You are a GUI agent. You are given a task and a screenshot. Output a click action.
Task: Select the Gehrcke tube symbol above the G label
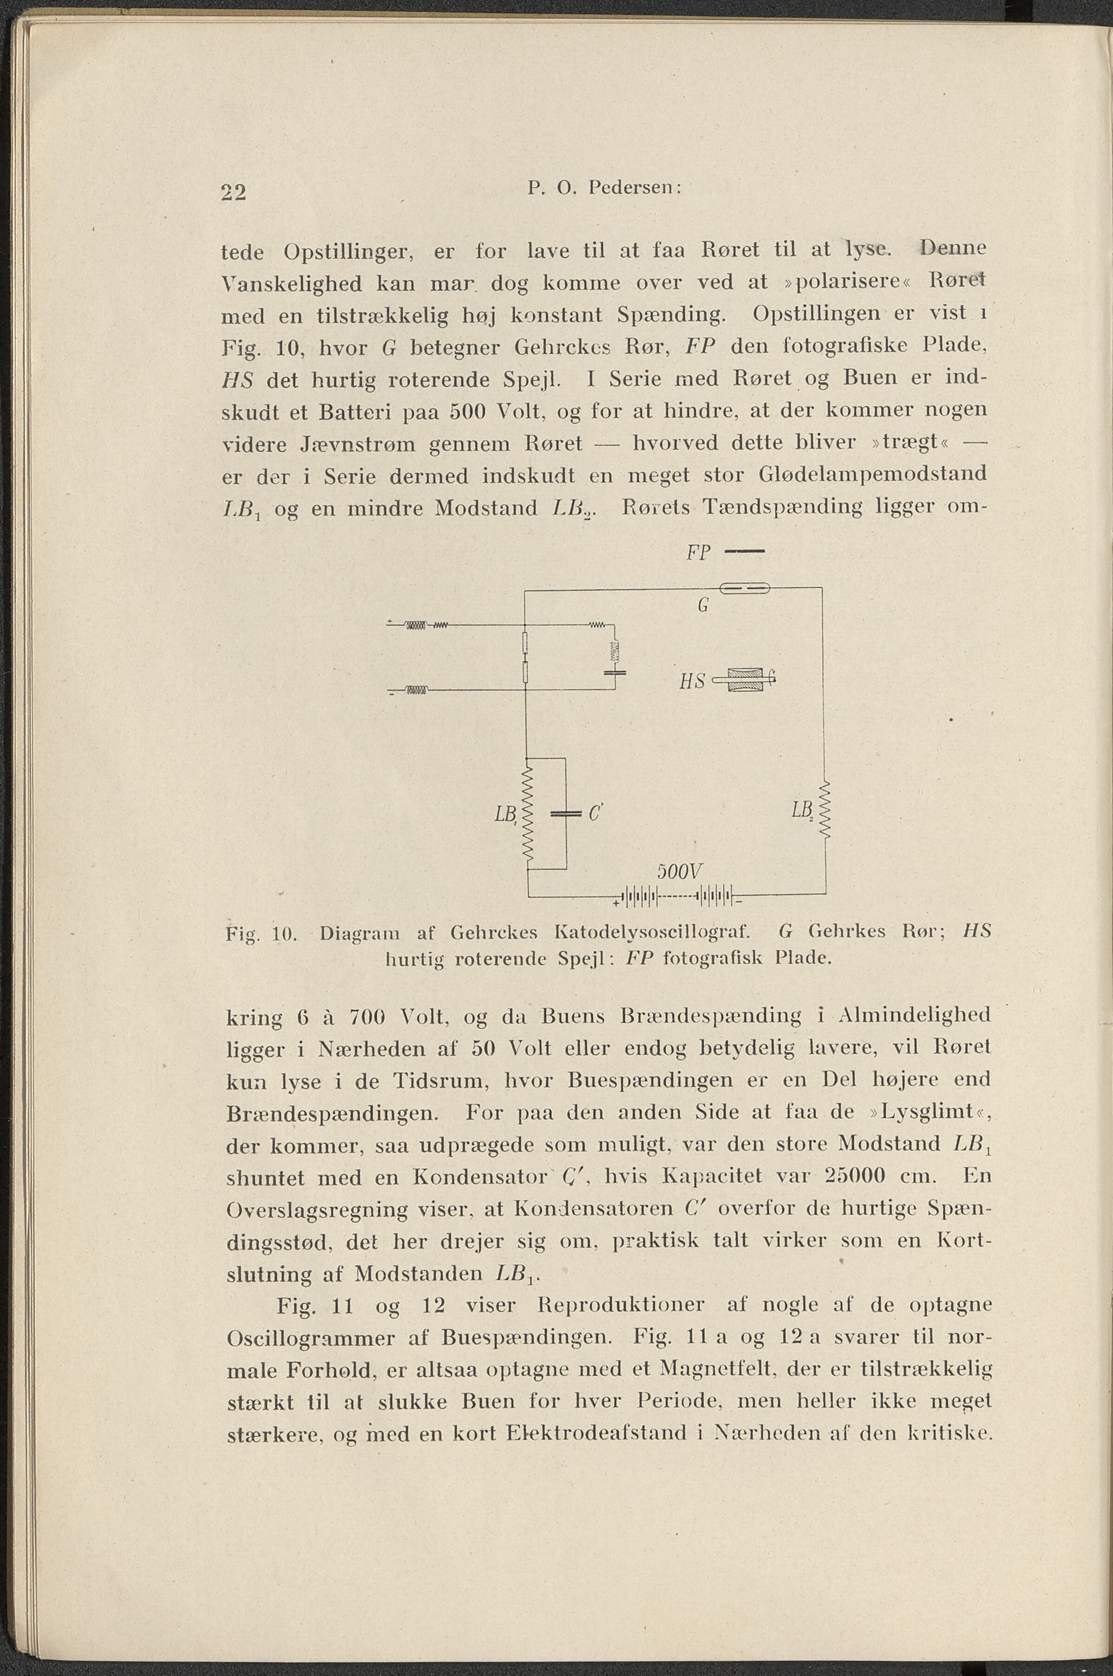point(745,587)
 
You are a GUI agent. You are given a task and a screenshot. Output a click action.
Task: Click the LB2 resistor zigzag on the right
point(825,810)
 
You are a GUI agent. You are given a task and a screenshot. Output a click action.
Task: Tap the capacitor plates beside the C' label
point(566,814)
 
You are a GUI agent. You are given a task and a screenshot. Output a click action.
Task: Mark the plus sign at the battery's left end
point(615,902)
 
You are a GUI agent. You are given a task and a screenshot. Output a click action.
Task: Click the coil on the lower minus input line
point(417,689)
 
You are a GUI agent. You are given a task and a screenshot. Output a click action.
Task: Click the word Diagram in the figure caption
point(360,932)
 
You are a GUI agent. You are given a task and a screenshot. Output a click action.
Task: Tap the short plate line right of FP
point(745,552)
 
